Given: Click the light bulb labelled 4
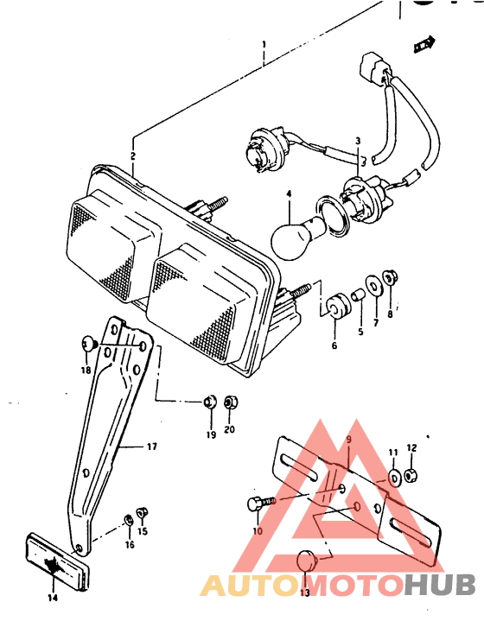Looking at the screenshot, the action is [296, 237].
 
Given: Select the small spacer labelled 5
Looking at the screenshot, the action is [358, 295].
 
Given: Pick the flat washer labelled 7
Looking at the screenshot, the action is [373, 284].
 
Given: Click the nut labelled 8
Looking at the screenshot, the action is [390, 279].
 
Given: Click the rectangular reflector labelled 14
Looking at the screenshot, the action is [57, 561].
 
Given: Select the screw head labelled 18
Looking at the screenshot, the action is [89, 345].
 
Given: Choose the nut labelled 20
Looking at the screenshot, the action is [231, 402].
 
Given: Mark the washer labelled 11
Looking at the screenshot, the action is [394, 478].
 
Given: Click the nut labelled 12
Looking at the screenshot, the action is [411, 475].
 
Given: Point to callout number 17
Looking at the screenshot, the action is [151, 447].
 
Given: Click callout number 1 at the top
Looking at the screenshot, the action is [264, 44].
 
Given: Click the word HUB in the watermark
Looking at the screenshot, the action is [439, 585].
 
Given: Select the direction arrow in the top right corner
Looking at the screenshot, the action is [424, 43].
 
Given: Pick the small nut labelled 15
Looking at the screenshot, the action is [142, 512].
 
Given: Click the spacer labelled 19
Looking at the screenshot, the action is [210, 402].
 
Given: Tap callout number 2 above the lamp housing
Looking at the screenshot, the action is [133, 156].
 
